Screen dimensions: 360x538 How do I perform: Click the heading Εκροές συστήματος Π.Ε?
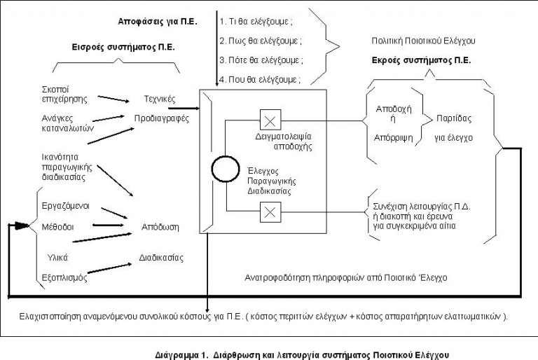[x=421, y=60]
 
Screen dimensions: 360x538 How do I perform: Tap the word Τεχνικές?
[x=159, y=99]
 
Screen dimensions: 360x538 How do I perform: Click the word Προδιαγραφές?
[x=162, y=118]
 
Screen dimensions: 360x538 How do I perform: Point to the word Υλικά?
[x=57, y=256]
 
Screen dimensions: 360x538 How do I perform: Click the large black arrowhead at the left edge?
[x=22, y=226]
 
